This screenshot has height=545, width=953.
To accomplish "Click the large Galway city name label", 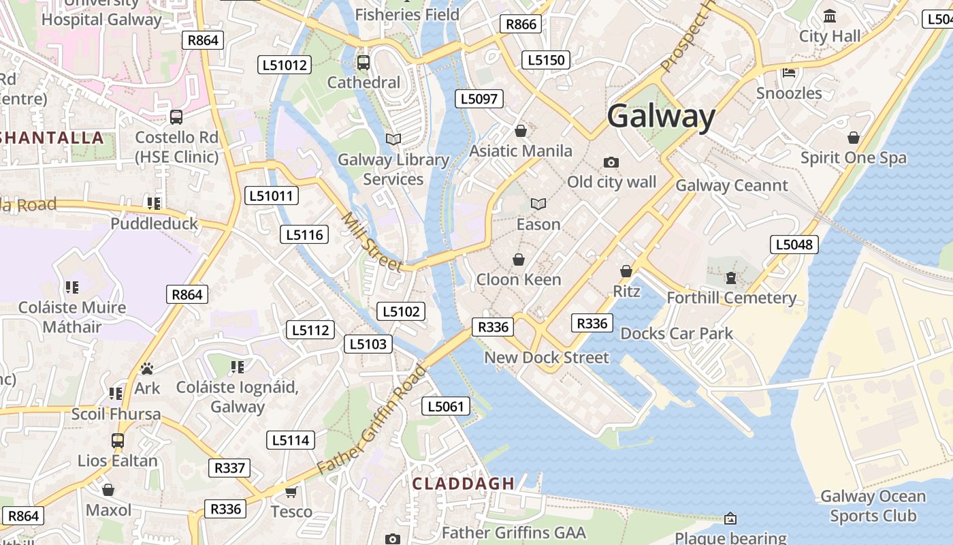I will (661, 116).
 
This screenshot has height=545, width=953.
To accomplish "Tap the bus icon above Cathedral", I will (364, 63).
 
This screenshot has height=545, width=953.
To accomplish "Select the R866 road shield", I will (522, 25).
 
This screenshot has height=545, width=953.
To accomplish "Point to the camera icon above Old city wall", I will (611, 162).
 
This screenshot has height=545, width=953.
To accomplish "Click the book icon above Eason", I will (538, 204).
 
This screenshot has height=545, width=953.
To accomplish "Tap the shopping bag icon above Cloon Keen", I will (519, 260).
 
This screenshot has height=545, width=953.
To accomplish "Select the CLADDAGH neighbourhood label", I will (464, 484).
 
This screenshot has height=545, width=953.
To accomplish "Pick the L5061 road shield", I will (446, 407).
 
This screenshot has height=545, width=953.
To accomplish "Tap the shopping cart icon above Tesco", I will (291, 492).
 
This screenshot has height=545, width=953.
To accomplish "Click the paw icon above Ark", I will (147, 369).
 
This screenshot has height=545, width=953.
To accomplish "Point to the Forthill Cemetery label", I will (731, 298).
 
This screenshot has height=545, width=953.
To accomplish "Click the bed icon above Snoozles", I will (789, 72).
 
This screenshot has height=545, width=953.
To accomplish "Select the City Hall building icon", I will (830, 16).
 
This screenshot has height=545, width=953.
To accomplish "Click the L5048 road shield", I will (794, 245).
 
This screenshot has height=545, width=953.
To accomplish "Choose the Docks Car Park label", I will (677, 333).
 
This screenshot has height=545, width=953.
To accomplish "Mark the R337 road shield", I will (229, 468).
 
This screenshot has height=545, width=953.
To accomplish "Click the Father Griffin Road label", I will (372, 420).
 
